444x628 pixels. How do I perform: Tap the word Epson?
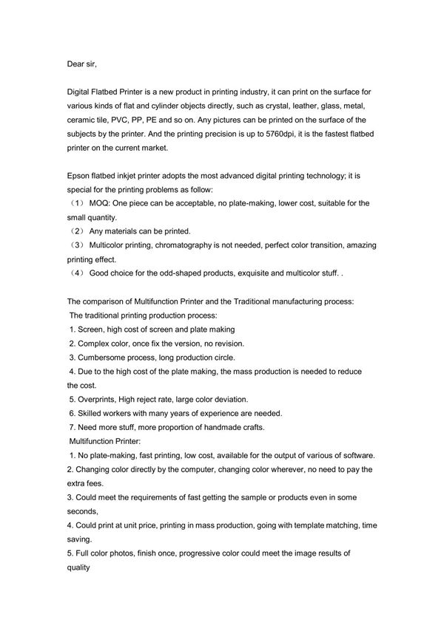click(x=79, y=176)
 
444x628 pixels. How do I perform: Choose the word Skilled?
click(x=91, y=412)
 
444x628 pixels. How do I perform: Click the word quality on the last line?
click(x=78, y=568)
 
